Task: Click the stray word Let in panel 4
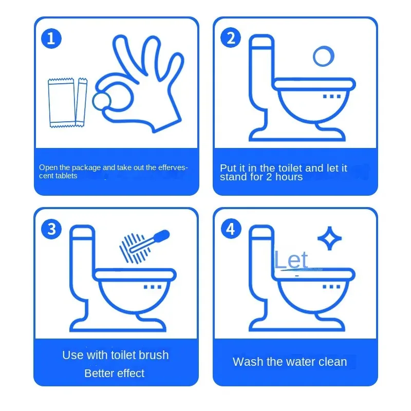[x=291, y=260]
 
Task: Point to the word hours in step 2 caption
[x=289, y=177]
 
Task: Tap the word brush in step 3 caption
[x=155, y=355]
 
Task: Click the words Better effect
[x=115, y=373]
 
